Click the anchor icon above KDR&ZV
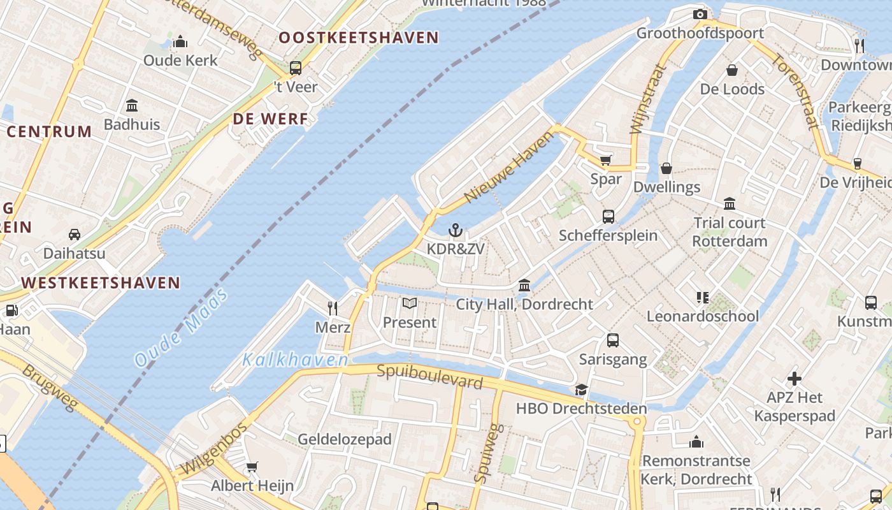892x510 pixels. pyautogui.click(x=455, y=230)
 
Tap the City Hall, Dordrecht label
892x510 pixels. pyautogui.click(x=524, y=304)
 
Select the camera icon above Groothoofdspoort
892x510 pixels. pyautogui.click(x=700, y=14)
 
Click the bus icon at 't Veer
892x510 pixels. pyautogui.click(x=295, y=68)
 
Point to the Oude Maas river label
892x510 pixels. pyautogui.click(x=182, y=328)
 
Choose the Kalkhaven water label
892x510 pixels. pyautogui.click(x=295, y=360)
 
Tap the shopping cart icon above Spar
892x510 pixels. pyautogui.click(x=605, y=160)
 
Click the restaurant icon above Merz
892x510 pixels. pyautogui.click(x=332, y=309)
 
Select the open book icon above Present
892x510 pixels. pyautogui.click(x=410, y=303)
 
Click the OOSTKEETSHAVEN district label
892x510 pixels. pyautogui.click(x=359, y=38)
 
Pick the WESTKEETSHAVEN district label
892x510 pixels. pyautogui.click(x=101, y=282)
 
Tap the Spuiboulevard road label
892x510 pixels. pyautogui.click(x=429, y=376)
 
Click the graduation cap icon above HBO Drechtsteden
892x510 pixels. pyautogui.click(x=581, y=390)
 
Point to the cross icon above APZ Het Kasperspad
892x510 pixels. pyautogui.click(x=794, y=379)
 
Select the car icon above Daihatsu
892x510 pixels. pyautogui.click(x=75, y=235)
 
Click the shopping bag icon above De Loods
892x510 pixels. pyautogui.click(x=732, y=70)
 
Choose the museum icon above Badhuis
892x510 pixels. pyautogui.click(x=132, y=105)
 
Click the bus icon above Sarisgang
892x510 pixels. pyautogui.click(x=612, y=340)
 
